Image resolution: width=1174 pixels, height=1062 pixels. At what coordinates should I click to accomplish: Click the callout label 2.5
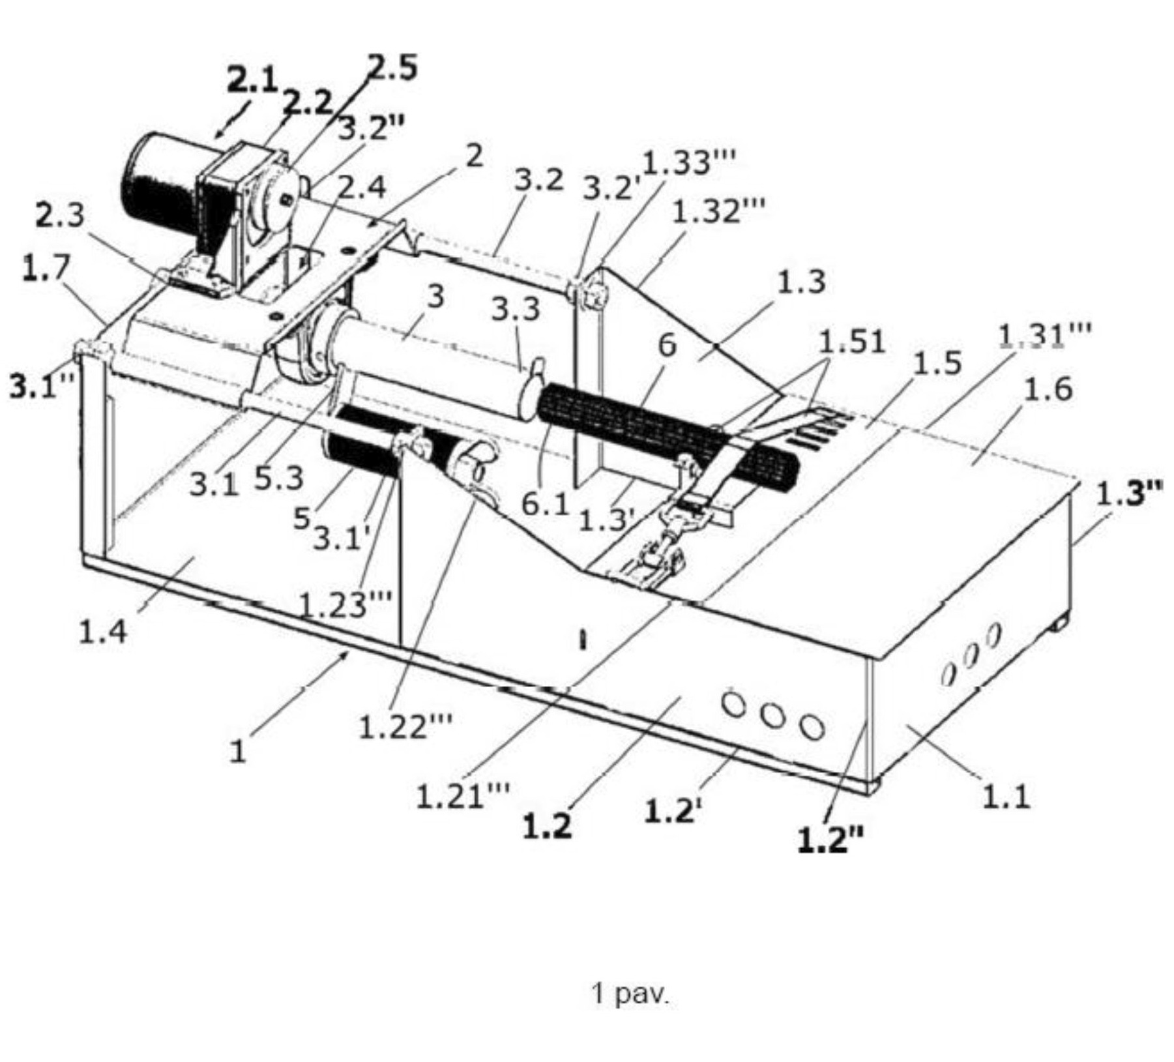click(x=392, y=68)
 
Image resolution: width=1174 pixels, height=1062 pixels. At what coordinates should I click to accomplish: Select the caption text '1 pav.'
click(x=630, y=994)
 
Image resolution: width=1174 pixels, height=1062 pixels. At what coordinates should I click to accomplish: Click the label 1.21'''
click(x=463, y=795)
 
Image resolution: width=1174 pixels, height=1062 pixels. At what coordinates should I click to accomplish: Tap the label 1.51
click(x=852, y=342)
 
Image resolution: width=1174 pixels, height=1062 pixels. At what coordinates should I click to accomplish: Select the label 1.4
click(x=103, y=632)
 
